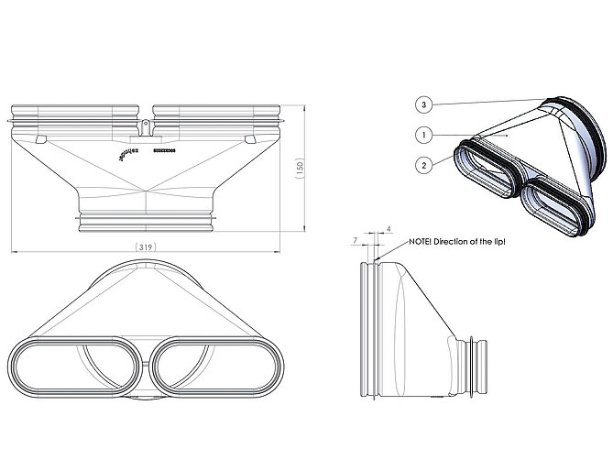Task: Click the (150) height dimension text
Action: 299,170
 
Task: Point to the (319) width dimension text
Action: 145,247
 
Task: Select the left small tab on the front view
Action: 41,139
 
